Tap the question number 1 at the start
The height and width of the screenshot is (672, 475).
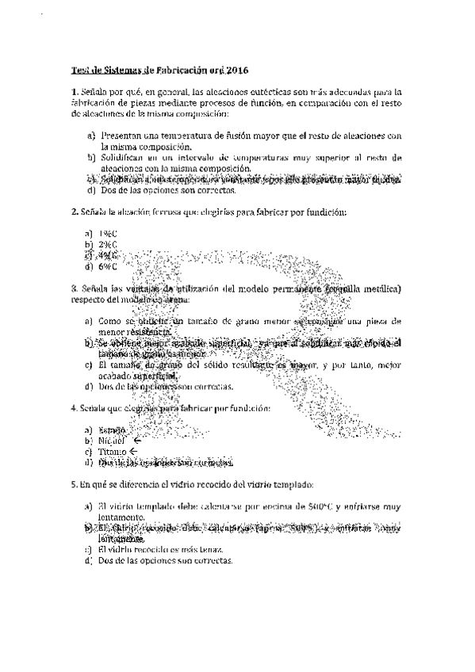pos(73,92)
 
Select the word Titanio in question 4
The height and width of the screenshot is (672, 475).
pos(114,451)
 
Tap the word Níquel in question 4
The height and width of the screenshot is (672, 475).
pos(113,440)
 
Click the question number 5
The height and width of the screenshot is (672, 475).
pos(73,483)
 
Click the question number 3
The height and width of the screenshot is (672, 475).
pos(73,289)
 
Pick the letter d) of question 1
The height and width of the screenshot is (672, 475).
pos(91,191)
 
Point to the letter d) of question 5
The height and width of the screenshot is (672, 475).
pos(91,560)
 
